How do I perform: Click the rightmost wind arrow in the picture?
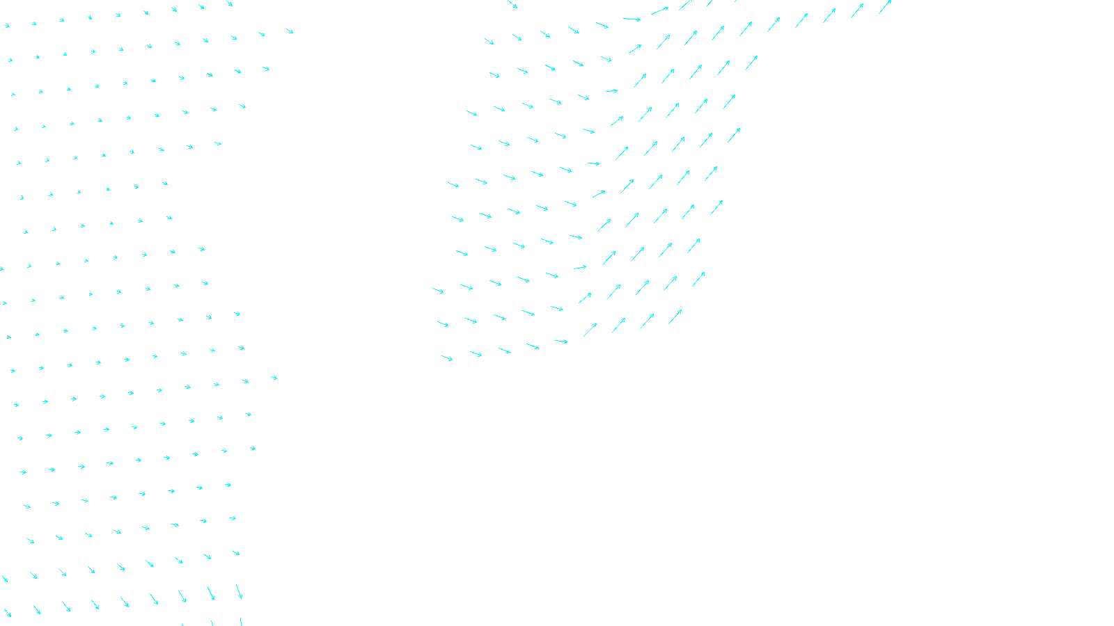[x=885, y=6]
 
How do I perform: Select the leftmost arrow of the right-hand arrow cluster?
[x=438, y=290]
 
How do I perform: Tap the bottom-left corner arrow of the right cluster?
[x=447, y=358]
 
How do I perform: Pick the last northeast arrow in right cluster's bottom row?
[x=675, y=316]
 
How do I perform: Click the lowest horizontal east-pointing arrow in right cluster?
[x=561, y=342]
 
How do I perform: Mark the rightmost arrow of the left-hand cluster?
[x=290, y=31]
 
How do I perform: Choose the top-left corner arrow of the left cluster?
[x=7, y=26]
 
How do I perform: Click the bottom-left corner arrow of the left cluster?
[x=7, y=613]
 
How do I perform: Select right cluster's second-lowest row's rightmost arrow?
[x=698, y=279]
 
